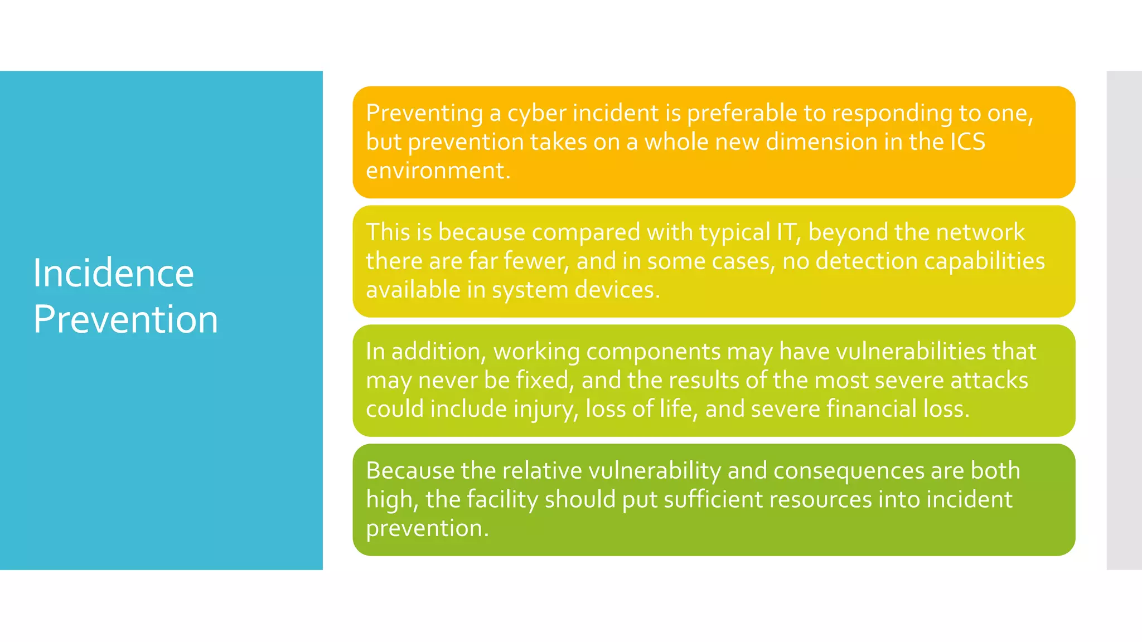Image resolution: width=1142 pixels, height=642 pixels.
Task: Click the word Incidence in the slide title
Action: tap(113, 273)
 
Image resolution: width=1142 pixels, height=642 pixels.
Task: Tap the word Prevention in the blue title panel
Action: tap(125, 319)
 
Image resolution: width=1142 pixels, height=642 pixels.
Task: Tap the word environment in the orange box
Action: tap(438, 171)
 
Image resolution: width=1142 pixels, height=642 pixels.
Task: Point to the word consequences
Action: tap(849, 471)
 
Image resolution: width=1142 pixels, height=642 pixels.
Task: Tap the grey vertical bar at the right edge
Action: tap(1124, 320)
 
